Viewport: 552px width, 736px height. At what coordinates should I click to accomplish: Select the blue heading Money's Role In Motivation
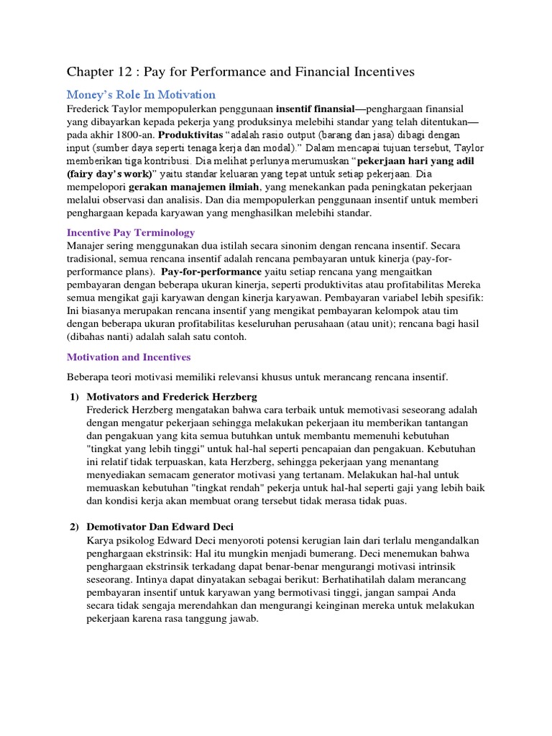tap(141, 94)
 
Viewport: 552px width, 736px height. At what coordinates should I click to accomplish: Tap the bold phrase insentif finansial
tap(315, 109)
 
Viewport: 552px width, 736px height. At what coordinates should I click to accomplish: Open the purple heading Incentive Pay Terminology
tap(131, 233)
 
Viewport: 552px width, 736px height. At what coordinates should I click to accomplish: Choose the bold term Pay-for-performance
tap(211, 272)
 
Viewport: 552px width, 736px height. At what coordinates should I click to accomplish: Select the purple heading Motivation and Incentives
tap(129, 356)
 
